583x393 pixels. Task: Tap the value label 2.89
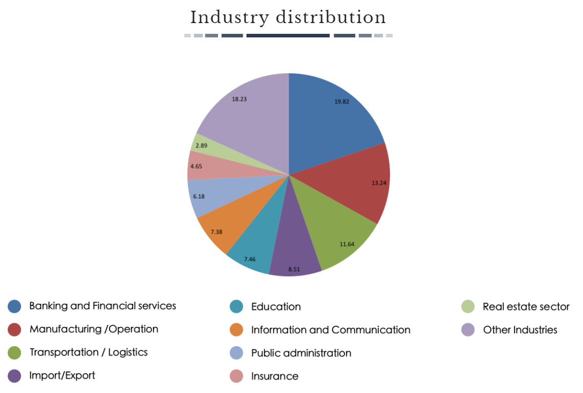[x=201, y=146]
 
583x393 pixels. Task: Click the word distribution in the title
[x=331, y=18]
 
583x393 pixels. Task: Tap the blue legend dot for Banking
[x=14, y=306]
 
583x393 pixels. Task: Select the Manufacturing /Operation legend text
[x=94, y=329]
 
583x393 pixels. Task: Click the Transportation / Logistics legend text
[x=89, y=352]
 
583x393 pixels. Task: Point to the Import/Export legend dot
[x=14, y=376]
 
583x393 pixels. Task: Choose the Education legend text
[x=276, y=307]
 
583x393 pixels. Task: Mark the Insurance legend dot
[x=236, y=376]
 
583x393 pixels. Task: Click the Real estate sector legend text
[x=526, y=307]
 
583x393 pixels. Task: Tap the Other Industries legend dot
[x=468, y=330]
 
